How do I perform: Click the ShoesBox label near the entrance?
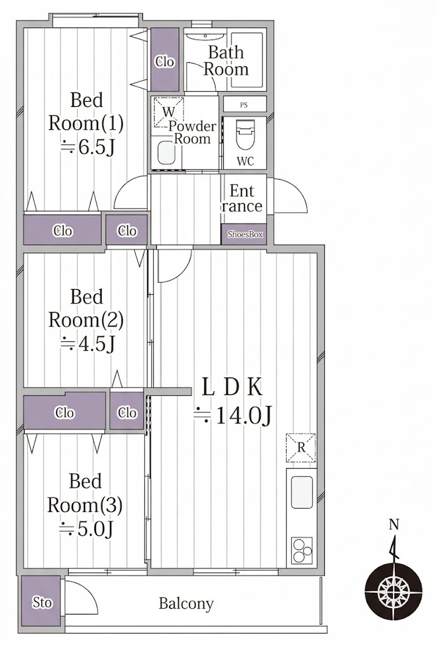(245, 234)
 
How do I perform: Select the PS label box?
(245, 104)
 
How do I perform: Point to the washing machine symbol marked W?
(168, 111)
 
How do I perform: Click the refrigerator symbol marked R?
(301, 448)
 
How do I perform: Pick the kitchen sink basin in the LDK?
(302, 492)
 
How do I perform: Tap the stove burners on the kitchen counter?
(302, 551)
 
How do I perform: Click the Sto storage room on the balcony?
(41, 601)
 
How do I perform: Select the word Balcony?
(186, 604)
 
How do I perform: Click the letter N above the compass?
(394, 525)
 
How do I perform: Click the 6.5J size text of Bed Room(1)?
(87, 147)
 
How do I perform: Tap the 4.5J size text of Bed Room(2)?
(87, 343)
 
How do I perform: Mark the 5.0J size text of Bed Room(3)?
(86, 528)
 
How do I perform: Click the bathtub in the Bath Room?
(247, 60)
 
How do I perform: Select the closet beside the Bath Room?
(165, 59)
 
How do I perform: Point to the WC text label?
(245, 161)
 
